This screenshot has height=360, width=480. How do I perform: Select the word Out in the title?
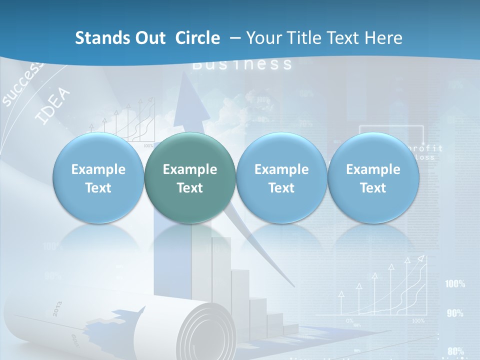[x=148, y=38]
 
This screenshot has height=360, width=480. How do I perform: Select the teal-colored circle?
[x=189, y=178]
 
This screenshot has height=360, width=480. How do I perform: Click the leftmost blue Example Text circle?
[x=98, y=178]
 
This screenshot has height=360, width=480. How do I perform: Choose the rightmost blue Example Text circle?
[x=373, y=178]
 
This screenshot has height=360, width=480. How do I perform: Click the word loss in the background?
[x=425, y=157]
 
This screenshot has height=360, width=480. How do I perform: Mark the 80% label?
[x=455, y=350]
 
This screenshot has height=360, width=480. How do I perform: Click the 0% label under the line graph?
[x=349, y=320]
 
